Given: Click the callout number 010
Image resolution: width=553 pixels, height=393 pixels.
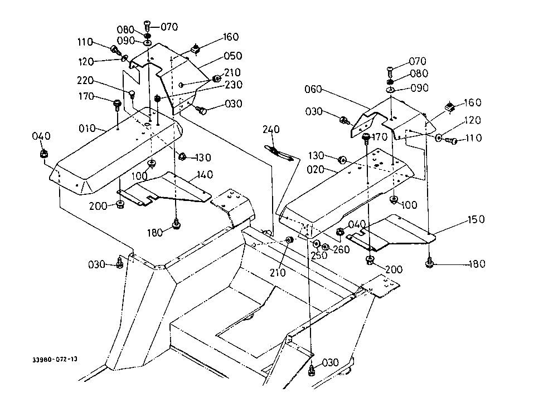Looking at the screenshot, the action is pos(87,128).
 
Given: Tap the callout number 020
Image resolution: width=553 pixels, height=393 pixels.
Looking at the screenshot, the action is pos(316,170).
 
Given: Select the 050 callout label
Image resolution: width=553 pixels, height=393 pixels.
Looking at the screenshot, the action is pos(233,56).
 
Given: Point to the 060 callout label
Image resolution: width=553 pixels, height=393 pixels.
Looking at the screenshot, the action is pos(313,89).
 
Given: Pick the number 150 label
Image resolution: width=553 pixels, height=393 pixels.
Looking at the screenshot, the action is pos(476,219).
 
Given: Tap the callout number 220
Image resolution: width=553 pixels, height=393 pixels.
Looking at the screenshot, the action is pos(85,81).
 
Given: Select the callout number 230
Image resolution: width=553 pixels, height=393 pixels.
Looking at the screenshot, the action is pos(234,85).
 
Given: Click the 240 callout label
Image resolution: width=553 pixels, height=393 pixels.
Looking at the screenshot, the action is pos(271,130).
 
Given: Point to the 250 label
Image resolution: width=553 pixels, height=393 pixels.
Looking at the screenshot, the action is pos(319,256).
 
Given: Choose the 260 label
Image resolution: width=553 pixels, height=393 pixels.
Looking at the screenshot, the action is pos(341,250).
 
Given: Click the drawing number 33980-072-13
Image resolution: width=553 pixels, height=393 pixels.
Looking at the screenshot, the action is pos(55,360).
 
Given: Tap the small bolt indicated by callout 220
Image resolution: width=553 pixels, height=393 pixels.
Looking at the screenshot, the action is pos(132,94).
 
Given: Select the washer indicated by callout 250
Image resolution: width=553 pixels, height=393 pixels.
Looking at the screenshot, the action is pos(316,244).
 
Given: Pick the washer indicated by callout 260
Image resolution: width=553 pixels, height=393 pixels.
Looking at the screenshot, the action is pos(325,247).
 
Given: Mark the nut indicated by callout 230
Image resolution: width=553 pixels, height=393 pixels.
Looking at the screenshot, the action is pos(158,98).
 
